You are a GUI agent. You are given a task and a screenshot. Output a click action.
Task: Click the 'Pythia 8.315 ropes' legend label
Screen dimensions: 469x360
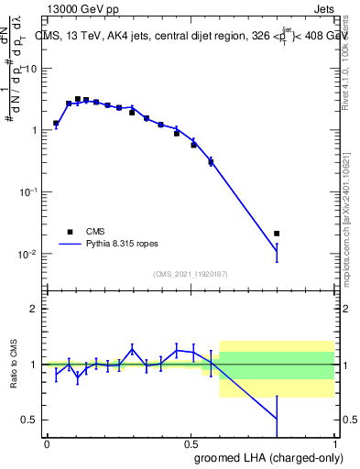click(x=128, y=245)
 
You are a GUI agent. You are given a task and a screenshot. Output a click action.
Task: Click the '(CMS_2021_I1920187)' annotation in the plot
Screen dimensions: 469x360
click(x=191, y=274)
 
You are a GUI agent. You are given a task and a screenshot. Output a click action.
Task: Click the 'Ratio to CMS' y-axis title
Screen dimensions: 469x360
click(x=14, y=365)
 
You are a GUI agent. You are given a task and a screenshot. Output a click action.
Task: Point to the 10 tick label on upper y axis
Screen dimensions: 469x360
click(x=31, y=69)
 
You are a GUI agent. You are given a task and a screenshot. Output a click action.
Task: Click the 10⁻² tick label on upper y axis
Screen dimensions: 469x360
click(x=28, y=254)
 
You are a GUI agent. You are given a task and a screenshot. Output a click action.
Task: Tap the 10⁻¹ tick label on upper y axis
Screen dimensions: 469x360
click(x=28, y=191)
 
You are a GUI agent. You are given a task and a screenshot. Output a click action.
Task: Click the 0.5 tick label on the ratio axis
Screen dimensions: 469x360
click(x=31, y=420)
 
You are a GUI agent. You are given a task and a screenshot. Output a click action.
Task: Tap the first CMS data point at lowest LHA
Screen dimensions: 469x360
click(x=56, y=123)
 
